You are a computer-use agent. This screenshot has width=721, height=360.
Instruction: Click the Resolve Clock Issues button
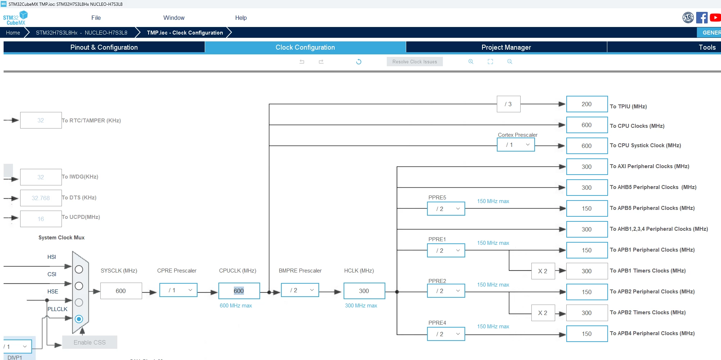tap(414, 62)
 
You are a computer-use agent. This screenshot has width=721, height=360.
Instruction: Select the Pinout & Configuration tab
tap(104, 47)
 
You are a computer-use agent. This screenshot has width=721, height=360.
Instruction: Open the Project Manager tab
tap(506, 47)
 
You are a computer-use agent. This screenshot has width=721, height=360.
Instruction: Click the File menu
tap(96, 18)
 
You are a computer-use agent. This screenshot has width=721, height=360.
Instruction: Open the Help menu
tap(241, 18)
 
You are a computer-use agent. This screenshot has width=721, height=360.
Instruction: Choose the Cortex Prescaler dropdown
tap(516, 145)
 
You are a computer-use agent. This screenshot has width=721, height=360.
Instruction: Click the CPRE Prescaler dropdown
tap(178, 290)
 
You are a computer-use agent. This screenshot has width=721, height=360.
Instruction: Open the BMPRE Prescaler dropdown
tap(300, 290)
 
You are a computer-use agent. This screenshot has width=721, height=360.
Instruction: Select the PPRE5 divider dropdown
tap(446, 209)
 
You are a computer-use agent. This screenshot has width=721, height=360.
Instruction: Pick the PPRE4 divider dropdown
tap(446, 334)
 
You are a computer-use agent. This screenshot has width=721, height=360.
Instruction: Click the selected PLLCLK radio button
tap(79, 319)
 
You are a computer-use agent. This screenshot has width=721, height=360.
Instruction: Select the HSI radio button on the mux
tap(79, 269)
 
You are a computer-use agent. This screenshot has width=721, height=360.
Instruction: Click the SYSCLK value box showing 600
tap(121, 291)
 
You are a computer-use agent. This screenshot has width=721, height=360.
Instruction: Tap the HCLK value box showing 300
tap(364, 291)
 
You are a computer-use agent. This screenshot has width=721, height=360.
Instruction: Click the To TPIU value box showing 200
tap(587, 104)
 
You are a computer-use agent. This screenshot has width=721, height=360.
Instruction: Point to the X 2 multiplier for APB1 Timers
tap(543, 271)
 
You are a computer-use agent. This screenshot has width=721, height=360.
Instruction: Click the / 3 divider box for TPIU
tap(508, 104)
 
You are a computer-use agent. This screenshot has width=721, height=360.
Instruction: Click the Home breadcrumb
tap(13, 32)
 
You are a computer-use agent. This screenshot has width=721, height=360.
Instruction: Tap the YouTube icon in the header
tap(715, 17)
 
